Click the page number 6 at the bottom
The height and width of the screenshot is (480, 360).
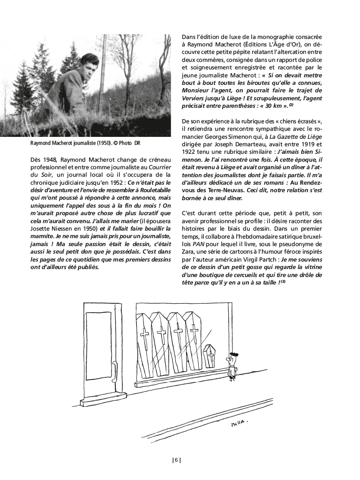176,460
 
